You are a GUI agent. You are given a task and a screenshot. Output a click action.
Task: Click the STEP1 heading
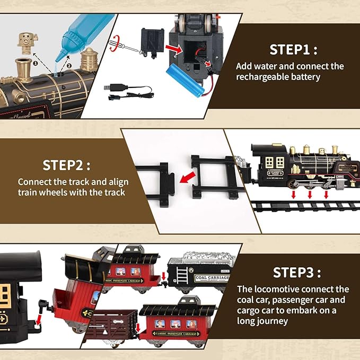click(x=293, y=50)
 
